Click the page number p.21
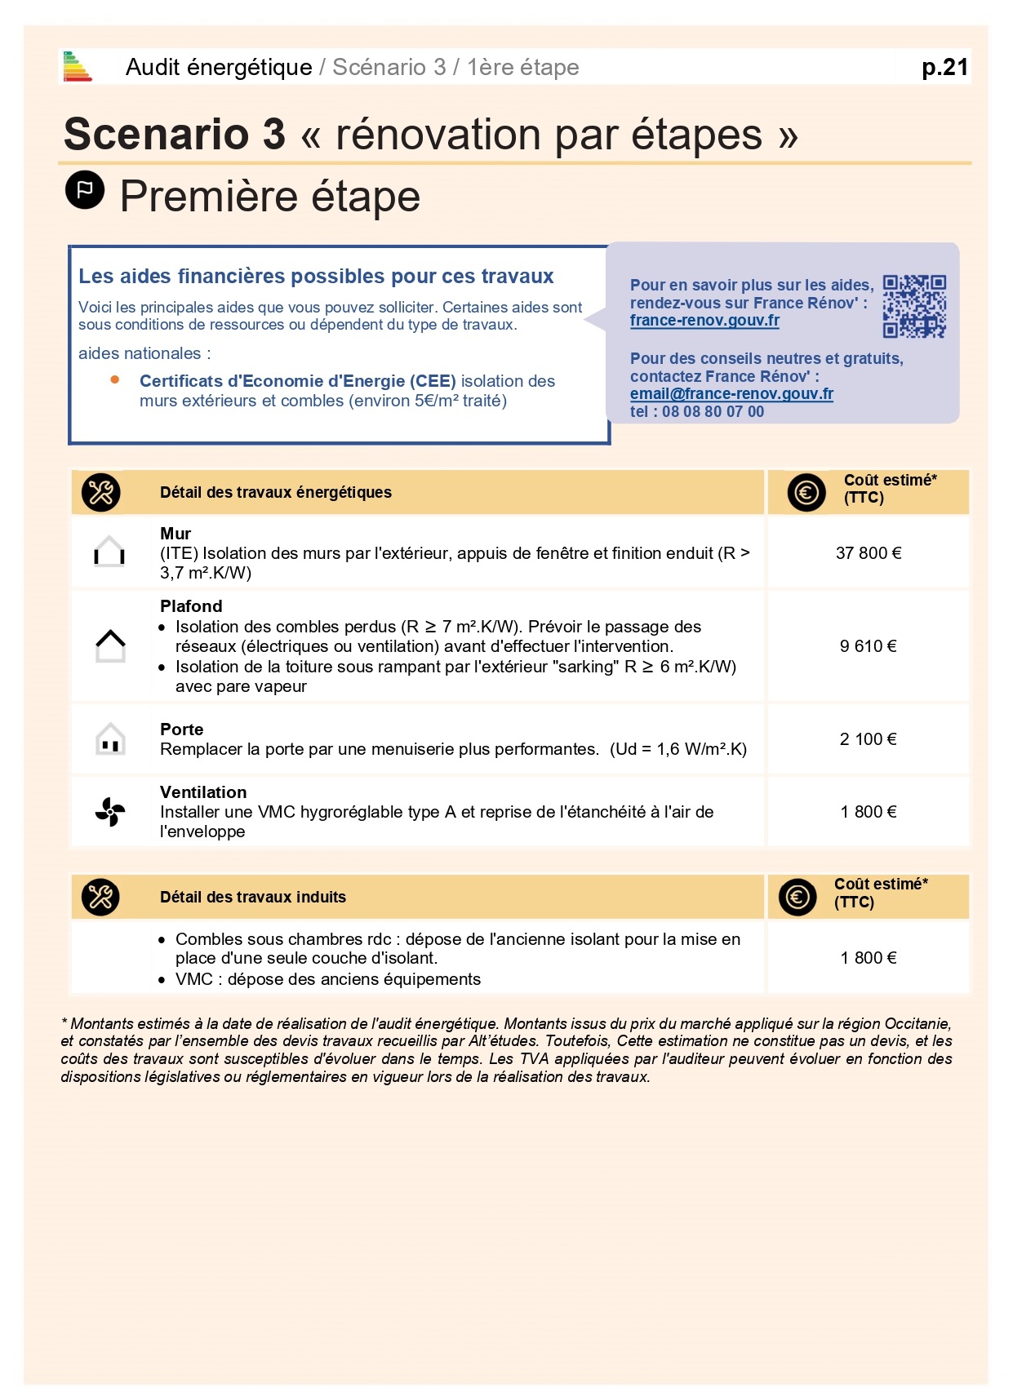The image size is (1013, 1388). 944,67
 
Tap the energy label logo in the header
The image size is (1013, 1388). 78,67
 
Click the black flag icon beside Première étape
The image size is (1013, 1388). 85,190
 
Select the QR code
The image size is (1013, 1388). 914,306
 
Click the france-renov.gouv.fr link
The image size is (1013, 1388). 704,321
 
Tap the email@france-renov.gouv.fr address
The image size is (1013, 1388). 731,394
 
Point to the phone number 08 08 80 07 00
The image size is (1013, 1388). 713,412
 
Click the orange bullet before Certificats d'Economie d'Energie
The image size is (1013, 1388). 115,379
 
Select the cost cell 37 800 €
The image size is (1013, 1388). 869,553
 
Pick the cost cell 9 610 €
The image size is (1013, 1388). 869,646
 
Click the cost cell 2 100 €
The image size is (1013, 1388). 869,739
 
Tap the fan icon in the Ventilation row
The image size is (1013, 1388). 110,812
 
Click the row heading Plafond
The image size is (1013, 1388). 191,606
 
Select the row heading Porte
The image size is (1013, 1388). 181,729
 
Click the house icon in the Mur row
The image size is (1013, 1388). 109,552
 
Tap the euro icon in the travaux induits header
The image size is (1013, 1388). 797,897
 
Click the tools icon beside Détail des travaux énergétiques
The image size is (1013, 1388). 101,492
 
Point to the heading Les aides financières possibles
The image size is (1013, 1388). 316,277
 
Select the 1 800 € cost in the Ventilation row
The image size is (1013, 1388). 869,812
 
